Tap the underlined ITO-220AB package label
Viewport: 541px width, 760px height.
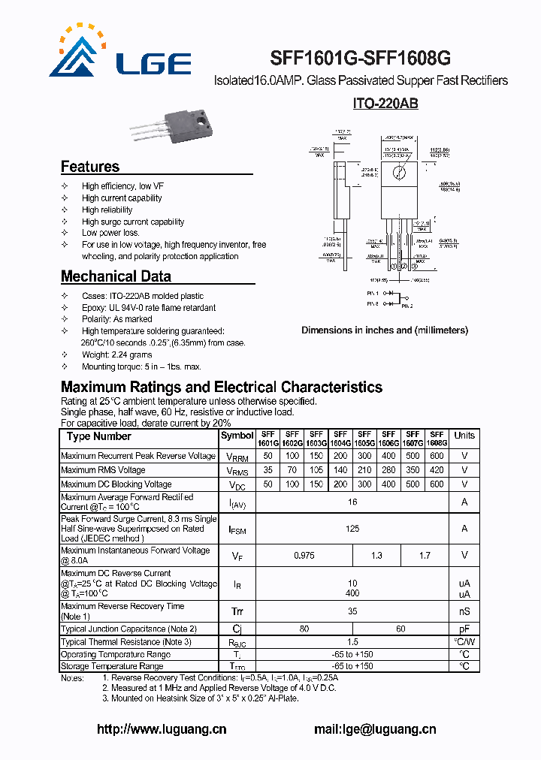tap(385, 104)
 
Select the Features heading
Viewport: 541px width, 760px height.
tap(90, 167)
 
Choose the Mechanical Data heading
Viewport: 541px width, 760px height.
tap(116, 276)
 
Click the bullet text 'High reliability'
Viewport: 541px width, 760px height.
tap(107, 210)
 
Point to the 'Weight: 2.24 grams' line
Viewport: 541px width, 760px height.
tap(116, 354)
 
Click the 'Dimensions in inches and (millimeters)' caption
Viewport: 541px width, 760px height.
tap(385, 330)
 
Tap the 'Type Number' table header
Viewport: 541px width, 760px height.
tap(98, 436)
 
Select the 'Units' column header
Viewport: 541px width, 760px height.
tap(464, 436)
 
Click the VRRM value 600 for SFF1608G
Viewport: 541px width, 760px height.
tap(437, 456)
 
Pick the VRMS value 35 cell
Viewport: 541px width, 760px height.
tap(267, 470)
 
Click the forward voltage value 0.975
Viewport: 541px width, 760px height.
tap(304, 556)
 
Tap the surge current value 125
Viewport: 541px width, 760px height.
tap(352, 529)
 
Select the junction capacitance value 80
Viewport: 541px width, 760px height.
tap(304, 629)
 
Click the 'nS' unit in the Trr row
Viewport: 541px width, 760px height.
tap(464, 612)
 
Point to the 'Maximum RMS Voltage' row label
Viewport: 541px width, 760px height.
tap(103, 470)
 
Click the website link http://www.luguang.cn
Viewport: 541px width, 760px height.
tap(162, 729)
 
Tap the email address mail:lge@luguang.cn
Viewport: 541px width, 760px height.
tap(374, 729)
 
